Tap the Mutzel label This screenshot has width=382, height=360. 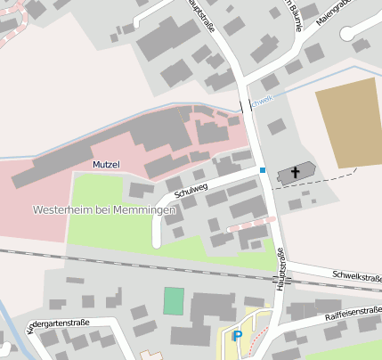(x=105, y=166)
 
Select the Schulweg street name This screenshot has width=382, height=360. (x=191, y=187)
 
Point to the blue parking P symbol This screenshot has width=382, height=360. (x=237, y=336)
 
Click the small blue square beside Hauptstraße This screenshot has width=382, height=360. (x=263, y=169)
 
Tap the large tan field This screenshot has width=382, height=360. (x=347, y=124)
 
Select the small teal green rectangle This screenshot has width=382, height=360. (x=174, y=300)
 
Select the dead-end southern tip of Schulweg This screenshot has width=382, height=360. (x=157, y=243)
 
